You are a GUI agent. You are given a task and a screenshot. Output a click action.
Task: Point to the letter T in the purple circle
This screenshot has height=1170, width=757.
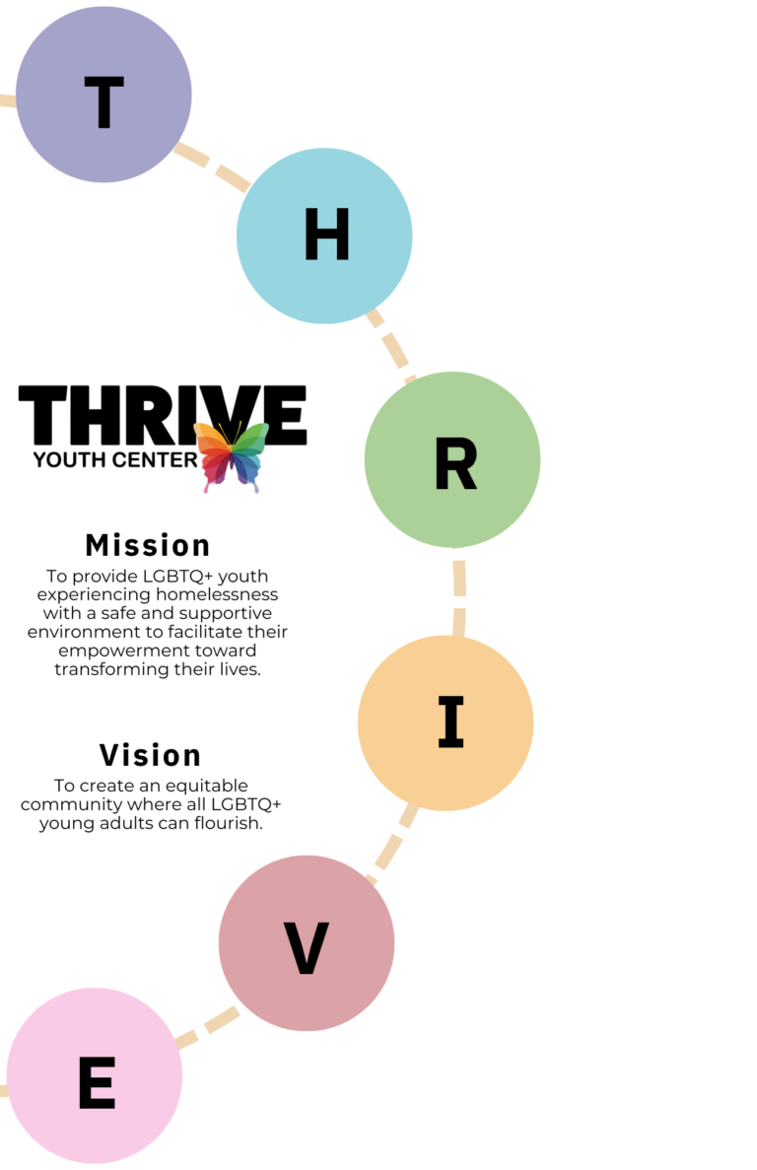click(103, 103)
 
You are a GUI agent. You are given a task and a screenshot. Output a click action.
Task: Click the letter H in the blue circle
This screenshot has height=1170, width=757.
click(326, 237)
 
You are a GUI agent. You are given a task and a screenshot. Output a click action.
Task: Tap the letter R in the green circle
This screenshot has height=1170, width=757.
click(455, 464)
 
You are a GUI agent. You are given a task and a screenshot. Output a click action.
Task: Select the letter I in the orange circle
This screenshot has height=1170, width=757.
click(450, 723)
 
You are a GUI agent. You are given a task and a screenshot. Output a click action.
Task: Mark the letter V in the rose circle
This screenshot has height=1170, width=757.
click(307, 949)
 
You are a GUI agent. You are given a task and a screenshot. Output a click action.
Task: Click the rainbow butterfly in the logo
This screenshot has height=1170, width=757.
click(232, 455)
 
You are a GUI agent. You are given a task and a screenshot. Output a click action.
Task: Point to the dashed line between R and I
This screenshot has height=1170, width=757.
click(459, 591)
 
